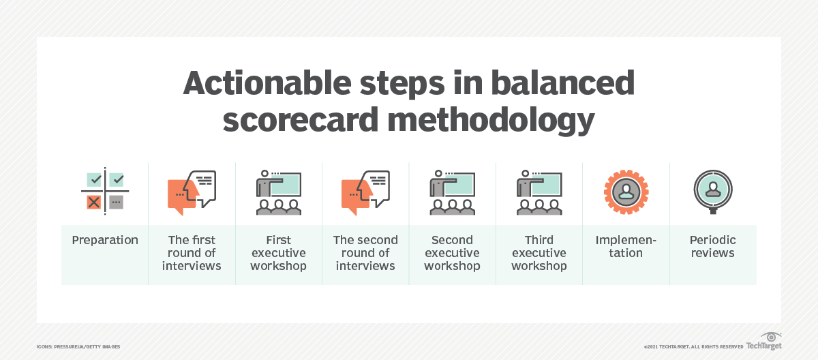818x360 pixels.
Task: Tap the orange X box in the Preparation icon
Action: (x=93, y=202)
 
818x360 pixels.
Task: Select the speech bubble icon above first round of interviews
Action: (x=192, y=192)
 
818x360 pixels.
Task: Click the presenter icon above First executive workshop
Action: (x=278, y=192)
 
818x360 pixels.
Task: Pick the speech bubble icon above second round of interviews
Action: (x=365, y=192)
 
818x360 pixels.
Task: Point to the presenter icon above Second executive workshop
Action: (x=452, y=192)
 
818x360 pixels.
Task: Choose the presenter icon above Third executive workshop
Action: (x=539, y=192)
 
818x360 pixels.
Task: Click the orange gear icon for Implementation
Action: (x=626, y=192)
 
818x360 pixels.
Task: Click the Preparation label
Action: (x=105, y=240)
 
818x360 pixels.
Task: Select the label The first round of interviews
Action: (x=192, y=253)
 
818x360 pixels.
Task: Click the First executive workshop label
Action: (x=278, y=253)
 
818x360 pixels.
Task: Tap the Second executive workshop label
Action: (x=452, y=253)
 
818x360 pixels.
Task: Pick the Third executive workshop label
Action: (x=539, y=253)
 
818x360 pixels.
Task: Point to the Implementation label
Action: (x=626, y=247)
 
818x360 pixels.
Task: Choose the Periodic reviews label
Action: (x=713, y=247)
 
